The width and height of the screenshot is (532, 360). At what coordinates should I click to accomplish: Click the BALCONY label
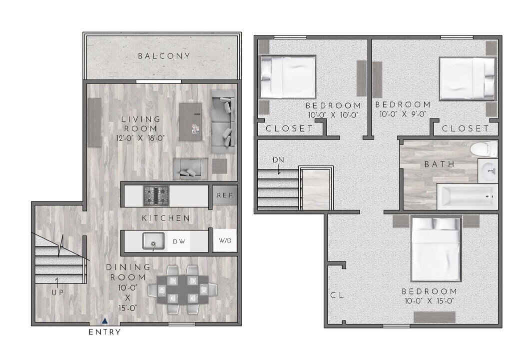[x=164, y=56]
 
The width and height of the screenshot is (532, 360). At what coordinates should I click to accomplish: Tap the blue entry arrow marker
[x=104, y=322]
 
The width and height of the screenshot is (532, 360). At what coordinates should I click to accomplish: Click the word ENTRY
[x=104, y=332]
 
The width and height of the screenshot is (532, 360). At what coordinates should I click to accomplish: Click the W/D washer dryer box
[x=225, y=241]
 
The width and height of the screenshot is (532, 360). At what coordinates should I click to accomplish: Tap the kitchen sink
[x=153, y=241]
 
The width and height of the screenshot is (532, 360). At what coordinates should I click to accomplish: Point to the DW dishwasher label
[x=179, y=241]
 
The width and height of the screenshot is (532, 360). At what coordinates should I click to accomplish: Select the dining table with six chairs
[x=182, y=289]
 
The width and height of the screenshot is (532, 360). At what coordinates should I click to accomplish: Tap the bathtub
[x=467, y=196]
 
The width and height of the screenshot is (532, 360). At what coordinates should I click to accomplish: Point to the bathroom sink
[x=488, y=171]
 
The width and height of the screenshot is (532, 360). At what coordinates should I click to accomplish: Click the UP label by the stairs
[x=57, y=292]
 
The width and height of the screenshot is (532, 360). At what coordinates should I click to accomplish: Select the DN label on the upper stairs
[x=278, y=159]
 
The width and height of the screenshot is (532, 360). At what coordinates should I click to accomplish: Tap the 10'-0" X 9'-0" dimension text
[x=403, y=114]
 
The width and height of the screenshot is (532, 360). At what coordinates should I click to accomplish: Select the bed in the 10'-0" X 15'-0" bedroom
[x=435, y=248]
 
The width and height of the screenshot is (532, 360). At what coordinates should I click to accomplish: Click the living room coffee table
[x=191, y=121]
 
